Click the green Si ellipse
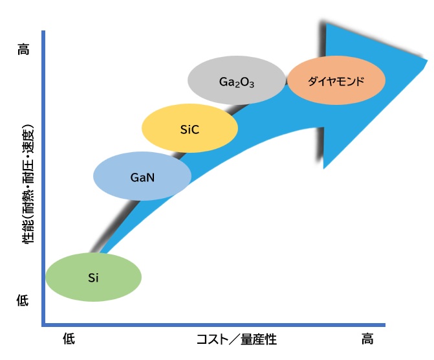tap(94, 277)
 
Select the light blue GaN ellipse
tap(142, 175)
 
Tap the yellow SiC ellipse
tap(190, 129)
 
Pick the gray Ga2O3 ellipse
tap(236, 82)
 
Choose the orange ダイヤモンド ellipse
tap(336, 82)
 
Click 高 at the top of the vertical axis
tap(23, 49)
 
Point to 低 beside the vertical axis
tap(23, 300)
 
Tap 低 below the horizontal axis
tap(69, 338)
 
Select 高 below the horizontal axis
tap(367, 338)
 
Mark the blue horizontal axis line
tap(213, 323)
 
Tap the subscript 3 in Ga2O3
tap(252, 85)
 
